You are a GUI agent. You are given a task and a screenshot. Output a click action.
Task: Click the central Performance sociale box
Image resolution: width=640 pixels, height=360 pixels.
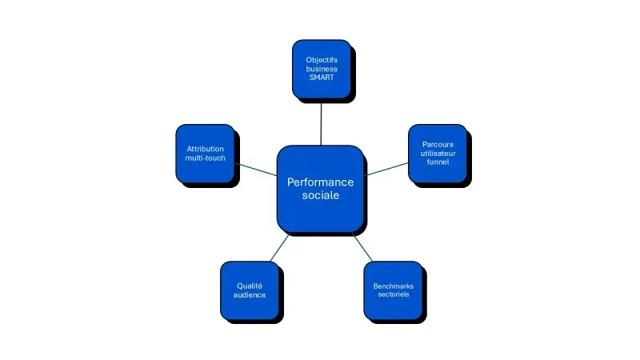(x=320, y=189)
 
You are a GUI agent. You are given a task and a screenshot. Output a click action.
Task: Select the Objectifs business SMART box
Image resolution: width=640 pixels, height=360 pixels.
(x=322, y=69)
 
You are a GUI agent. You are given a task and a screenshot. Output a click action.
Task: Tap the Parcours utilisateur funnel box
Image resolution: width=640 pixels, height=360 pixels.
(x=438, y=153)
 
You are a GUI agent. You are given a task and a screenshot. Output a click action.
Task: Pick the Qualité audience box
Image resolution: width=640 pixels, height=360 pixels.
(x=250, y=290)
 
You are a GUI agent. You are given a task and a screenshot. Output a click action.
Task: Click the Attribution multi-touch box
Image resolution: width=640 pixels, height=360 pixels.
(x=206, y=153)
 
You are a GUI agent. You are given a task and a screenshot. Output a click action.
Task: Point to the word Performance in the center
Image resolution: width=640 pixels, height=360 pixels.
(x=320, y=182)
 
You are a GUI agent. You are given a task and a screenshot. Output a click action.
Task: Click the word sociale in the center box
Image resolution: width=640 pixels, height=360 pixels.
(x=320, y=196)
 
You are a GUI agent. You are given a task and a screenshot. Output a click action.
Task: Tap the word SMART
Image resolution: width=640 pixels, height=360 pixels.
(x=322, y=78)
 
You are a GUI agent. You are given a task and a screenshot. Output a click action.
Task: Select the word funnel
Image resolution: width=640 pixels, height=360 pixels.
(x=438, y=162)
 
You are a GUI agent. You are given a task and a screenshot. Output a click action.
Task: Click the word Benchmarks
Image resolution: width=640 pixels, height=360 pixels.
(x=393, y=286)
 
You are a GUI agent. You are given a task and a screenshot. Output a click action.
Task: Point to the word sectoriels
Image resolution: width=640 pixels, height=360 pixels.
(x=393, y=294)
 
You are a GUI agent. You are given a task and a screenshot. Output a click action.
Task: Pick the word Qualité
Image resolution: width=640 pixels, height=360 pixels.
(x=250, y=286)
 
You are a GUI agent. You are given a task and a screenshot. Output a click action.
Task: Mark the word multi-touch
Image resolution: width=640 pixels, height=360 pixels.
(x=206, y=158)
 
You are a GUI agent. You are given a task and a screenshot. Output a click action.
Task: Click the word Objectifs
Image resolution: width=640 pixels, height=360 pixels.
(x=322, y=60)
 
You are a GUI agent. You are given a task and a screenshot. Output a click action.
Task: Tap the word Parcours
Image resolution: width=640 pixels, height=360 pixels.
(x=438, y=144)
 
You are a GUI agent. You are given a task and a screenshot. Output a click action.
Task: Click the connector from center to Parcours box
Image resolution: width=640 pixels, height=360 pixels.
(x=386, y=168)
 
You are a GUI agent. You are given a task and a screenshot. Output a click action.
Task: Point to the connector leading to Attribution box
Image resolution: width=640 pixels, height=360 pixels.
(x=256, y=169)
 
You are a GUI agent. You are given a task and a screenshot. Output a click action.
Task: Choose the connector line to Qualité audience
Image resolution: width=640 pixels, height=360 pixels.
(x=278, y=248)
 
